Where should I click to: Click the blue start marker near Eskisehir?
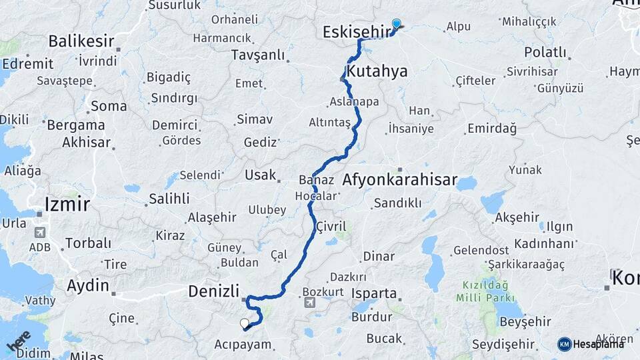point(397,24)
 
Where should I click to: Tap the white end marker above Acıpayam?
point(245,324)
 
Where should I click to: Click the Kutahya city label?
point(377,71)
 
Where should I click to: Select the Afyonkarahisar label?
point(400,179)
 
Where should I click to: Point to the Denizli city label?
point(213,291)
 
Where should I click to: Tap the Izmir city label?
point(66,203)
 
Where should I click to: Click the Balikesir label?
point(81,41)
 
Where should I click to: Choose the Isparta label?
point(374,293)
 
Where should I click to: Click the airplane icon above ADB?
point(39,233)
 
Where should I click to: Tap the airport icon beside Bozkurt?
point(309,303)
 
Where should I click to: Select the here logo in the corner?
point(19,341)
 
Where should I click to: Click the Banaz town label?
point(315,180)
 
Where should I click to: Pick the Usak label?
point(260,175)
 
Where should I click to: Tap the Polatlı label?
point(545,52)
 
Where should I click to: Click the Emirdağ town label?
point(492,129)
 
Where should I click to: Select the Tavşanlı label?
point(257,55)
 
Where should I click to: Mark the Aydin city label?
point(87,285)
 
